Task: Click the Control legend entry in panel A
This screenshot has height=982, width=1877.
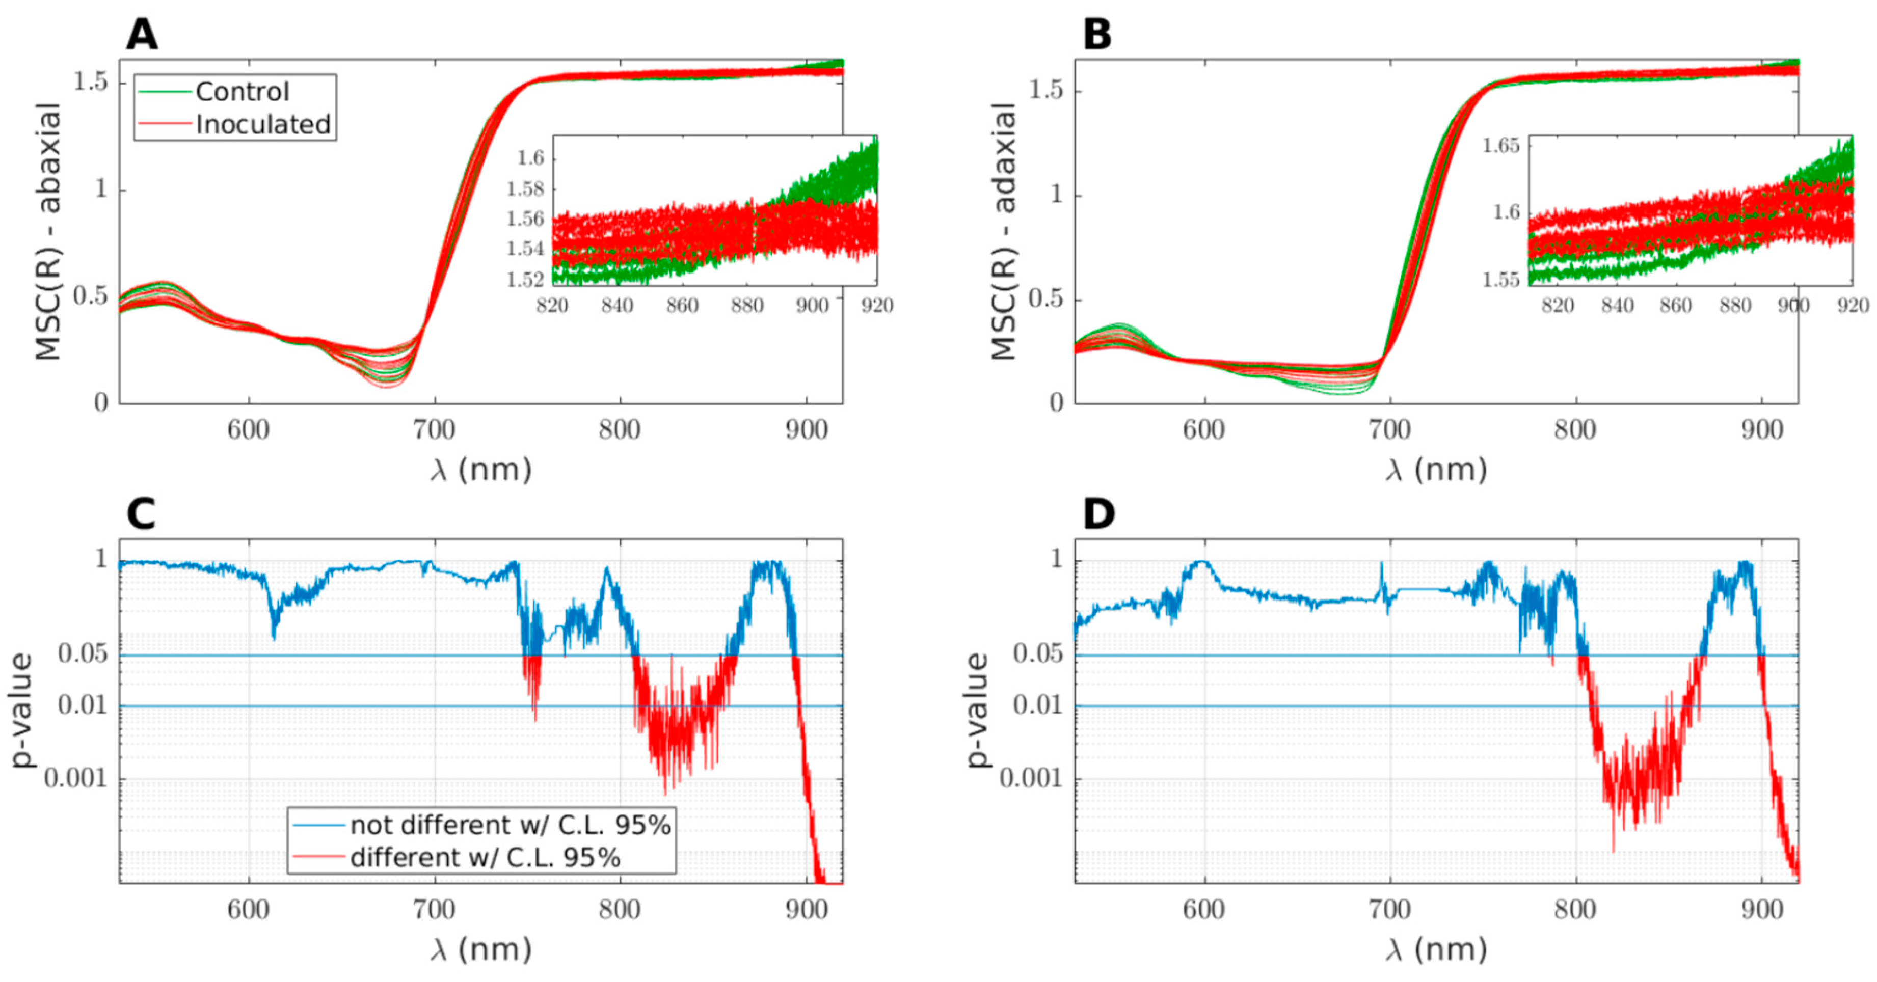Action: [x=242, y=92]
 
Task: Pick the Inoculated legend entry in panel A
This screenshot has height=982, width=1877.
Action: [x=263, y=125]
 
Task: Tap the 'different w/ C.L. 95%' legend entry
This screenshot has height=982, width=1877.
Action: [x=485, y=857]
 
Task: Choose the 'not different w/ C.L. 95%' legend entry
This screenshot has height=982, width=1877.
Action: [x=510, y=825]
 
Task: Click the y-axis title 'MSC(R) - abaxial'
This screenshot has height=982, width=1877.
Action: [x=48, y=232]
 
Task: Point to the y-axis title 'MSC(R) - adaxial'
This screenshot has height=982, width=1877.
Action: [x=1004, y=232]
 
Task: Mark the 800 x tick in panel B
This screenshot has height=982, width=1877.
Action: [x=1575, y=430]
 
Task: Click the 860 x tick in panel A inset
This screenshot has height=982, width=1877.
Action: [x=682, y=305]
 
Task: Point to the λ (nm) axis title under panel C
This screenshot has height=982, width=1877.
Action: [x=481, y=950]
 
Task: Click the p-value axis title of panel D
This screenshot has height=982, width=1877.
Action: [x=978, y=711]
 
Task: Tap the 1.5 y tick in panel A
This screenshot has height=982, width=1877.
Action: [x=90, y=81]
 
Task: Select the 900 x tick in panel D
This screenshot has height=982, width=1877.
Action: [x=1761, y=910]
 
